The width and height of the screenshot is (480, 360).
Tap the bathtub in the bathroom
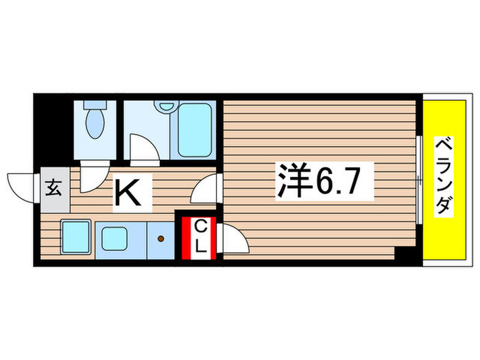click(x=194, y=130)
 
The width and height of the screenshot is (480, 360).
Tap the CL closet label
click(x=200, y=237)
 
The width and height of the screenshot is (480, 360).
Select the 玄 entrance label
click(x=53, y=187)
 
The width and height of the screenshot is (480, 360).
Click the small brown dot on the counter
click(x=161, y=239)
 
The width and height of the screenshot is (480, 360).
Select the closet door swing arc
click(x=232, y=241)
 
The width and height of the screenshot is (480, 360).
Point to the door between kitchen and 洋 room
click(x=206, y=189)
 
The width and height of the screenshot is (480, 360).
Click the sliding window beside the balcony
click(x=418, y=179)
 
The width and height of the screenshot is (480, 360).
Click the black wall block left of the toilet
click(x=52, y=131)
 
